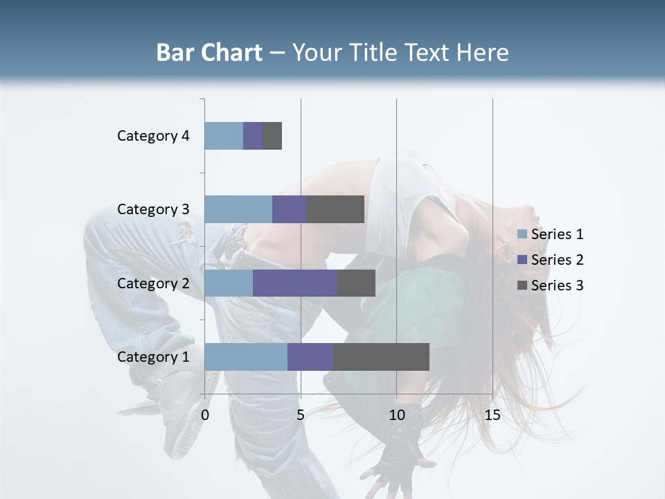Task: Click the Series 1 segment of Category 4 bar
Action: [224, 136]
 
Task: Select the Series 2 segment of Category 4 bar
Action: [253, 136]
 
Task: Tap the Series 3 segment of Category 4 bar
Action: [272, 136]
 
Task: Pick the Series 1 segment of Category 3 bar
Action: [238, 209]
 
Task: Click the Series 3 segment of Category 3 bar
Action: [336, 209]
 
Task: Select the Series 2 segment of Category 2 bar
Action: [295, 283]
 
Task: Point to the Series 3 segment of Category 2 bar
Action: [356, 283]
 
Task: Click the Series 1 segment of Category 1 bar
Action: [246, 357]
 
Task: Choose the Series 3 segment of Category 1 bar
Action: [381, 357]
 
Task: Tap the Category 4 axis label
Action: [153, 136]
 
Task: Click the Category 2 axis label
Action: [153, 283]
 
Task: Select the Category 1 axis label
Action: [153, 357]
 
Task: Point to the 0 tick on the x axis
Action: [205, 415]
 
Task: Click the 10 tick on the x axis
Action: [396, 415]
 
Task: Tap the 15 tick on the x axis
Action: [493, 415]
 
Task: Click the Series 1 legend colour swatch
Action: [522, 234]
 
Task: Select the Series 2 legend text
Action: [557, 260]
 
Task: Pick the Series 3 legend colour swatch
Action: [522, 286]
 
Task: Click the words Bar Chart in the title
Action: [209, 53]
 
